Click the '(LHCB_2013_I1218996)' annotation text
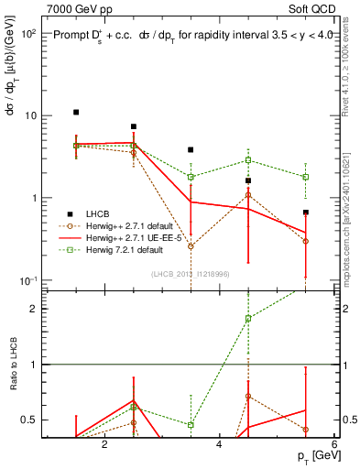point(191,274)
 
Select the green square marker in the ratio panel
point(248,319)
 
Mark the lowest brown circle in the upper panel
point(191,246)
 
